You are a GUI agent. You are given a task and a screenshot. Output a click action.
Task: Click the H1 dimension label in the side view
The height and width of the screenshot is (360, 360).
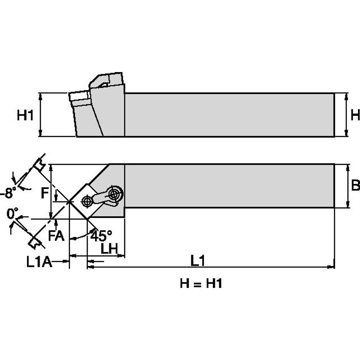click(25, 115)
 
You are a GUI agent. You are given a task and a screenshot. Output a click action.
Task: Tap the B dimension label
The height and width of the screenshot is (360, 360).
click(355, 185)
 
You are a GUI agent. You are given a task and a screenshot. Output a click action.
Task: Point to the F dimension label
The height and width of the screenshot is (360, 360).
click(44, 193)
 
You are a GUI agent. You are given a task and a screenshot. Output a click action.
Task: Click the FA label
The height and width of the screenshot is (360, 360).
click(56, 236)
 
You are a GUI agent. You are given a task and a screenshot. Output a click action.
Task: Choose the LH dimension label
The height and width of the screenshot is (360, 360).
click(109, 248)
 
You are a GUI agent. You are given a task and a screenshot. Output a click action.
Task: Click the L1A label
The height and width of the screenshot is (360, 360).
click(39, 263)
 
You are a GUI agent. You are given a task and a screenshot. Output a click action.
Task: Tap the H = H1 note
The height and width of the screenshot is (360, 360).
click(201, 284)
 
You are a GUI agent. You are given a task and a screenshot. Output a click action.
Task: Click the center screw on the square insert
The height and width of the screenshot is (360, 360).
click(87, 201)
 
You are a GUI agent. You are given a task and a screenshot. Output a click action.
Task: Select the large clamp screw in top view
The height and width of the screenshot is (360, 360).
click(114, 194)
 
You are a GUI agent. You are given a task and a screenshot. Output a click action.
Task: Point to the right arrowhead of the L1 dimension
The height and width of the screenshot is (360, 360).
click(331, 266)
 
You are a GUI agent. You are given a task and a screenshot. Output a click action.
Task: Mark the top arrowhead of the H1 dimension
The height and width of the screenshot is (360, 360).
click(40, 96)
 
